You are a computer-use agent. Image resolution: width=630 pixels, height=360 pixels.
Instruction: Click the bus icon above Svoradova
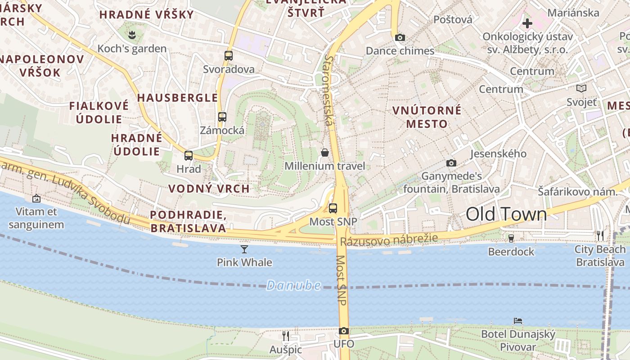(229, 56)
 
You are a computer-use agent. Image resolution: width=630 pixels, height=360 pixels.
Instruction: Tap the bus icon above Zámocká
(222, 117)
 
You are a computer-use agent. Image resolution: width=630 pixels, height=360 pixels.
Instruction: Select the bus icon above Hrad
(189, 156)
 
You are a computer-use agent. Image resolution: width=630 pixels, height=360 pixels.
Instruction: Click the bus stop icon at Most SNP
(333, 208)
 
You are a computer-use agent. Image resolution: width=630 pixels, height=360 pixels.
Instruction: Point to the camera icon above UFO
(344, 331)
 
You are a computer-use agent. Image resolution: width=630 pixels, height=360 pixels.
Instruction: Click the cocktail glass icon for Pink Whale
(244, 249)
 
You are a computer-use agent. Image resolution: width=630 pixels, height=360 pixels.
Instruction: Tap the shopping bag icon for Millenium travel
(325, 153)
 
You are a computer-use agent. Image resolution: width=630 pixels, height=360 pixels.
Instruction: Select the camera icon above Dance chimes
(400, 38)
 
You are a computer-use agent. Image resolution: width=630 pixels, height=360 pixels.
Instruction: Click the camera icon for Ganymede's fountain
(451, 163)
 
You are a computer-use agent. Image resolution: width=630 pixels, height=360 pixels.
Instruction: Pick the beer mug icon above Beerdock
(511, 238)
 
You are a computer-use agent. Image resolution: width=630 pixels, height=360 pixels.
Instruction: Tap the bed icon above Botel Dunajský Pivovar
(518, 321)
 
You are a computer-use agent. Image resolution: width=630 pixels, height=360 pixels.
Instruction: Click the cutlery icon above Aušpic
(286, 336)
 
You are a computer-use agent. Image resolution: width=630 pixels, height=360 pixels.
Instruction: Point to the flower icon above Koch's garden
(132, 35)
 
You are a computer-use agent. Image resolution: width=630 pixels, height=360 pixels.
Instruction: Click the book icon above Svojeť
(581, 89)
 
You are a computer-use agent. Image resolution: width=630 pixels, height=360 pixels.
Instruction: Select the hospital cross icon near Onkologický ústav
(527, 23)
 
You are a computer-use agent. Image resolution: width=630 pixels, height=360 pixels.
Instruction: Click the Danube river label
(293, 285)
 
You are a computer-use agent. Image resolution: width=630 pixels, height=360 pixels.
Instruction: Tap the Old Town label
(506, 214)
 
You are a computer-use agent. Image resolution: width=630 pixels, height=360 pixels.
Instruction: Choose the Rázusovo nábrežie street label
(389, 240)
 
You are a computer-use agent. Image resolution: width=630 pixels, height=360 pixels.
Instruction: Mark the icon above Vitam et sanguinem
(36, 198)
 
